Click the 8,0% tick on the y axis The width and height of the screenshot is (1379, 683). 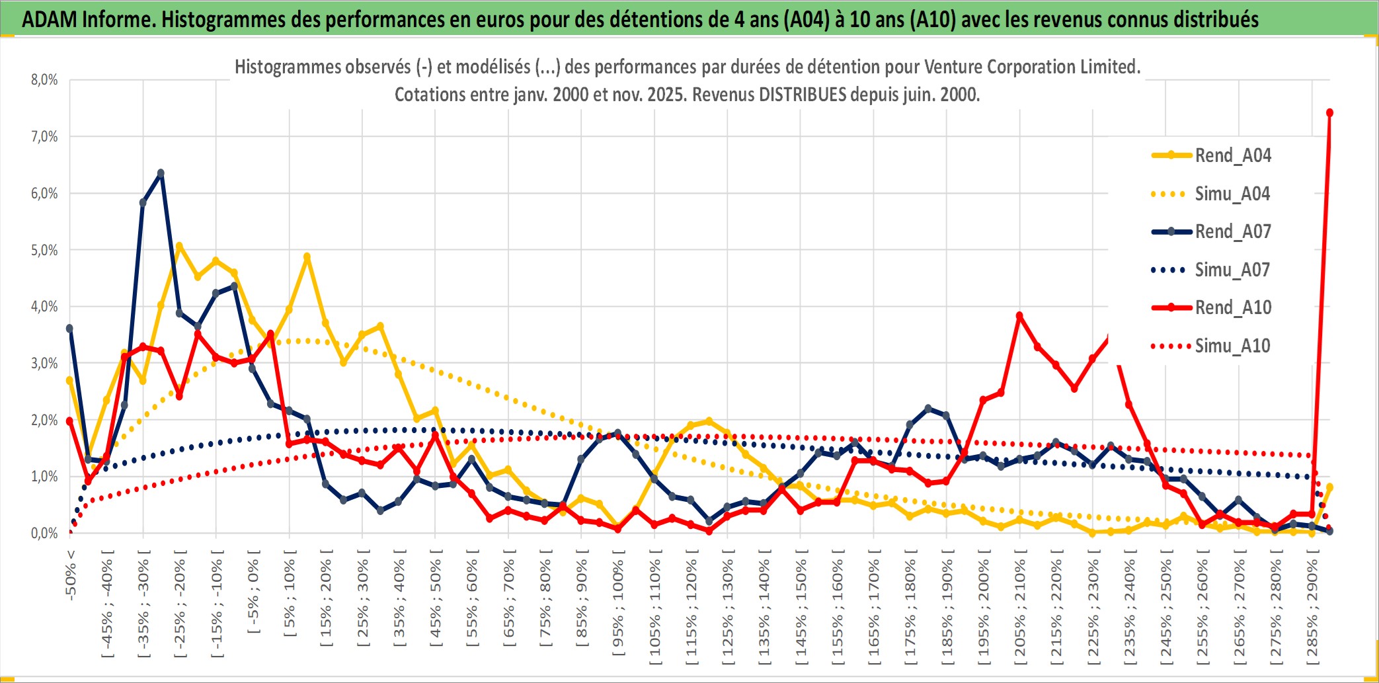coord(44,80)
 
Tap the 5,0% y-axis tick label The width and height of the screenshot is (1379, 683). coord(44,250)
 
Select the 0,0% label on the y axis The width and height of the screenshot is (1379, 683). coord(44,533)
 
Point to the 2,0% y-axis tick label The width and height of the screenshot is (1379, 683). coord(44,420)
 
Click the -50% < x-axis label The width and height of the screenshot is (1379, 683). coord(71,575)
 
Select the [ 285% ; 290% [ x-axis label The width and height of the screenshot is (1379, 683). coord(1312,612)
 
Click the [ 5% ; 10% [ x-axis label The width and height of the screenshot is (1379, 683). coord(290,599)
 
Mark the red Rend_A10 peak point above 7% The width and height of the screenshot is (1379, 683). coord(1329,113)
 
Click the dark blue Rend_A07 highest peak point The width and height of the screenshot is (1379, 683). coord(161,173)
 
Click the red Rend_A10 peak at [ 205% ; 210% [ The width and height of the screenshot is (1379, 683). coord(1019,316)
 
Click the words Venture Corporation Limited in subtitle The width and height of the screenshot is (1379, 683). coord(1031,67)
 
